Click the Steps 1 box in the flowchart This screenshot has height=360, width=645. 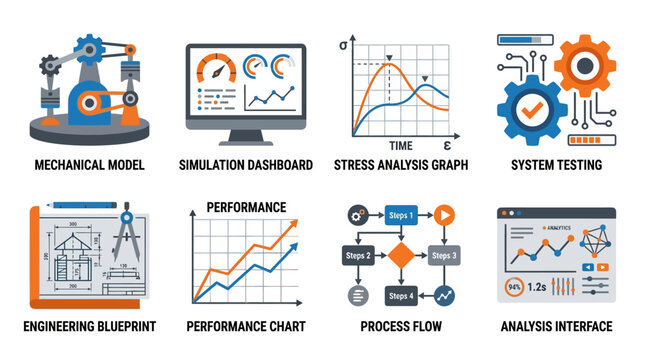point(400,215)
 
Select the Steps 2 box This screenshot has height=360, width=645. point(359,256)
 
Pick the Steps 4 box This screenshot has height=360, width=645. point(400,296)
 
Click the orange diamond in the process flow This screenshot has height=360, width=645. point(400,255)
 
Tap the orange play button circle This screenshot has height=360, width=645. point(444,215)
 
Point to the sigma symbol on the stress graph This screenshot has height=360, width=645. point(344,45)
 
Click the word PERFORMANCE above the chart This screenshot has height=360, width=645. point(246,206)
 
